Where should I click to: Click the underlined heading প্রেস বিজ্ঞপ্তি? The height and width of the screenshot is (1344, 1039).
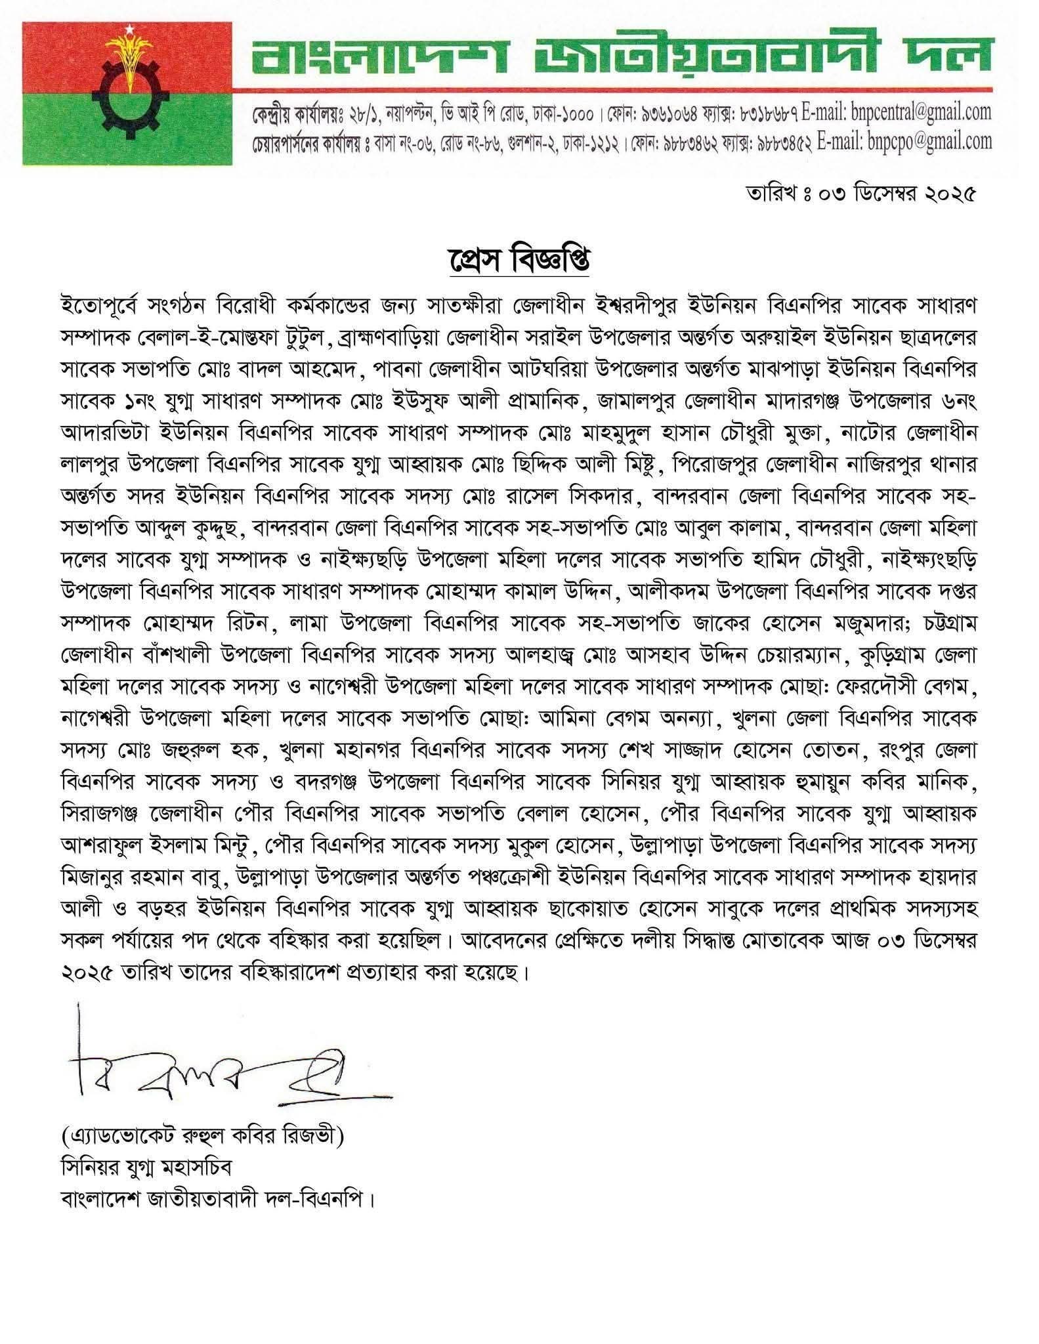click(519, 261)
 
